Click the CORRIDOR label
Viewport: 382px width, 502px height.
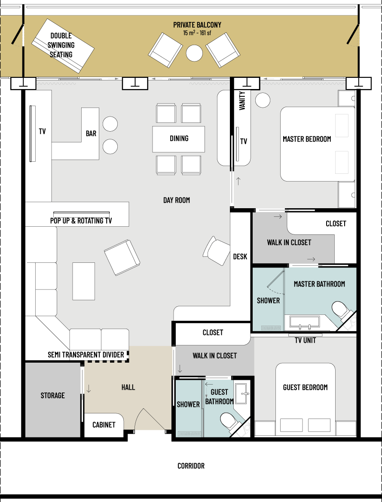(191, 466)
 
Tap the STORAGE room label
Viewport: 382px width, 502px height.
(52, 395)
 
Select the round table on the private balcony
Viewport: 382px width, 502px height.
(194, 53)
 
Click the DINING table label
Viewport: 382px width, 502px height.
(179, 139)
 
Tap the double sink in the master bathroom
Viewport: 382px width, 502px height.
(305, 323)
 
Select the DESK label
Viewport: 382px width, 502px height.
(240, 256)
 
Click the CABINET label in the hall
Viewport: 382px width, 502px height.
(104, 425)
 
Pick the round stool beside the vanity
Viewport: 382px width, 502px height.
(263, 100)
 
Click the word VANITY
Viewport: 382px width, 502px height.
(242, 101)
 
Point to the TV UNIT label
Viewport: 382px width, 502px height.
(305, 340)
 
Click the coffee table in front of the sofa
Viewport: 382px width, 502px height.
(83, 281)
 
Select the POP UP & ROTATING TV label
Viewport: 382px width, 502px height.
(81, 221)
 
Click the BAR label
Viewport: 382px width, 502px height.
(91, 133)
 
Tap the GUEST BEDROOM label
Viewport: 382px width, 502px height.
(305, 388)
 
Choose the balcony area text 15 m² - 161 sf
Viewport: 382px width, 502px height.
(197, 33)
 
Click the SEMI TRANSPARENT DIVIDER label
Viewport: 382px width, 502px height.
(86, 355)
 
